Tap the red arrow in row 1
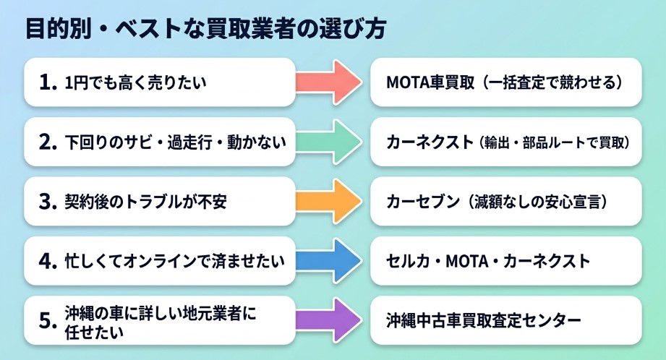pyautogui.click(x=329, y=82)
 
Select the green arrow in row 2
pyautogui.click(x=329, y=142)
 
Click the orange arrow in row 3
pyautogui.click(x=329, y=201)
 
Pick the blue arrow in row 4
pyautogui.click(x=329, y=260)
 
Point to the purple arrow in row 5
pyautogui.click(x=329, y=320)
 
